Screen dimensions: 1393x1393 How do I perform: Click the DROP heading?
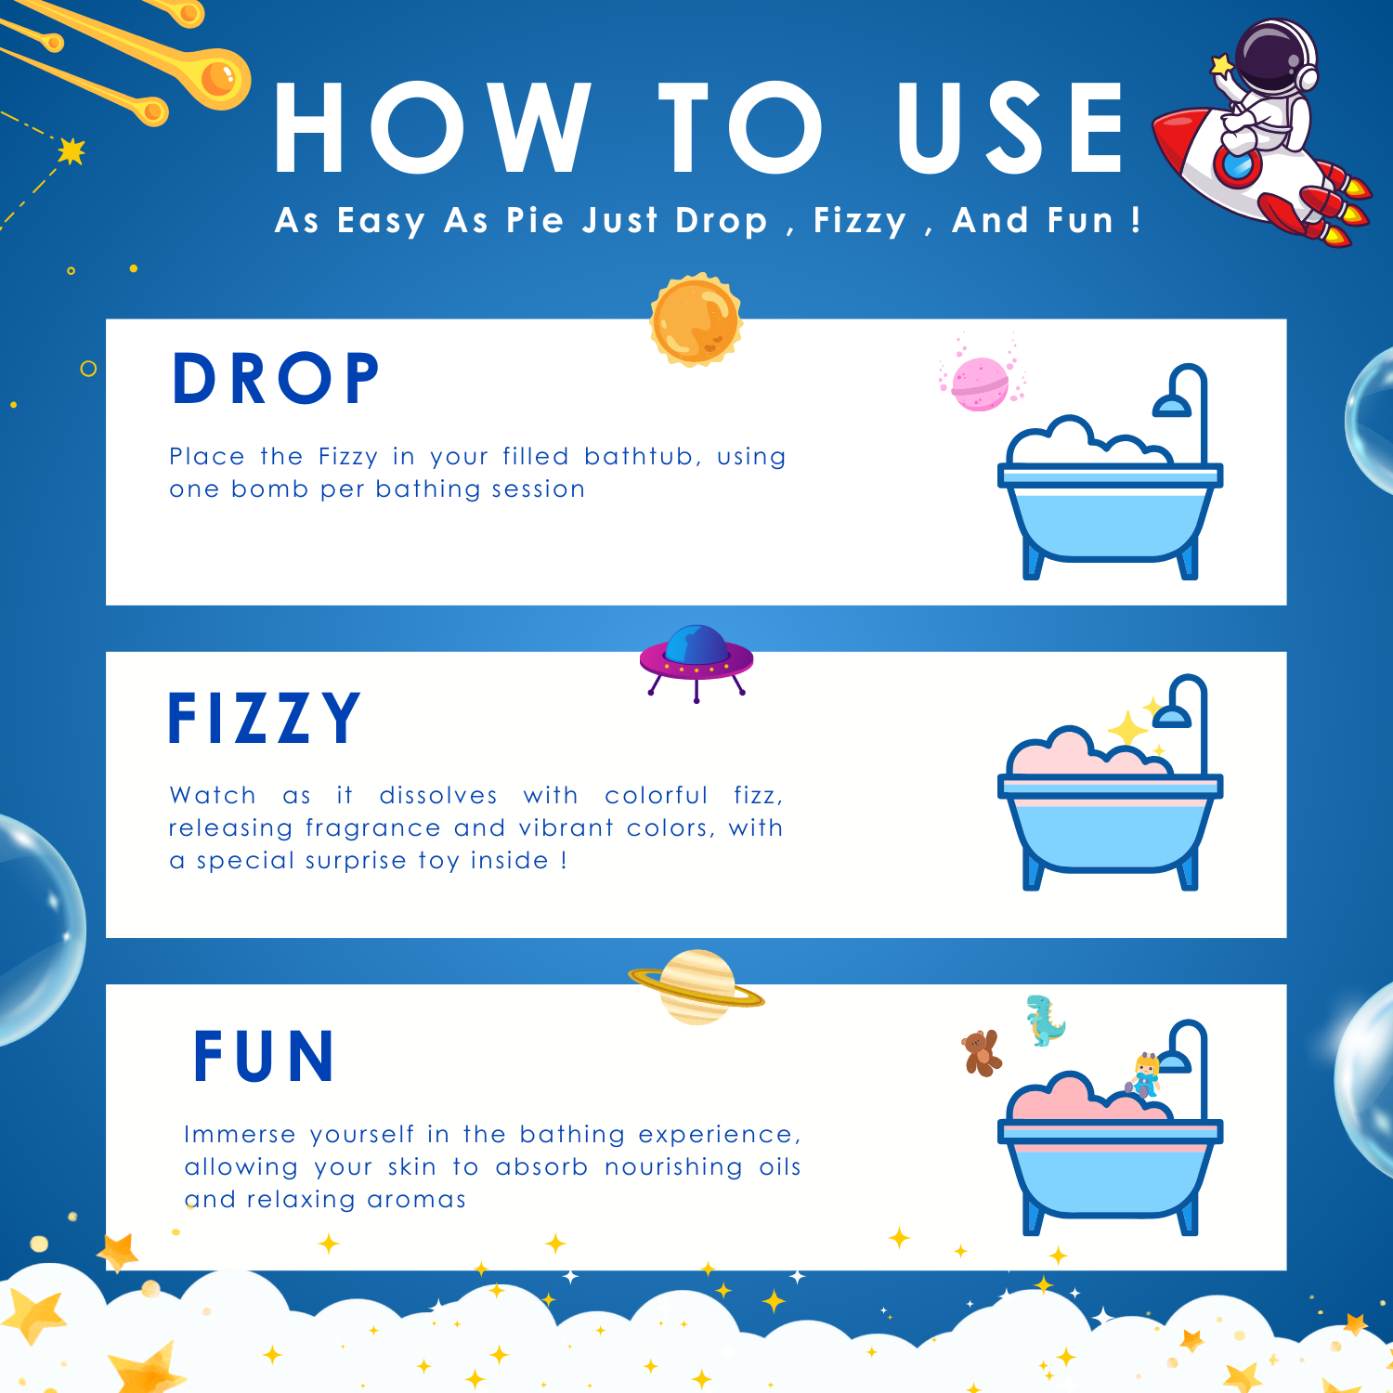(276, 379)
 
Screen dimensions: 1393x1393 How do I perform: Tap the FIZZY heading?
(264, 718)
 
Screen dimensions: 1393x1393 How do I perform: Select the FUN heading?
(264, 1057)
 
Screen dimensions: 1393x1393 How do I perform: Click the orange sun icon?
(696, 319)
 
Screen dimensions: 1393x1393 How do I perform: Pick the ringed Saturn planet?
(696, 987)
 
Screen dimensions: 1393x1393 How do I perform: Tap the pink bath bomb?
(980, 383)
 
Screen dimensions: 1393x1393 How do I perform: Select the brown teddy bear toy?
(981, 1053)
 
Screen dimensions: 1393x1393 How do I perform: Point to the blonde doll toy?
(1144, 1075)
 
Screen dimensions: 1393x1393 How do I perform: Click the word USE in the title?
(1011, 127)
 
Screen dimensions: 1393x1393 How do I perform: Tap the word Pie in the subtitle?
(535, 221)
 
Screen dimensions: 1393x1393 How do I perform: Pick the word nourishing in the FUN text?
(674, 1166)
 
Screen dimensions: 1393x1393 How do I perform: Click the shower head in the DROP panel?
(1172, 406)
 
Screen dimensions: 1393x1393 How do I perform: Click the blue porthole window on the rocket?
(1238, 164)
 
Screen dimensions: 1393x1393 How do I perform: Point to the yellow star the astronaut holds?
(1222, 65)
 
